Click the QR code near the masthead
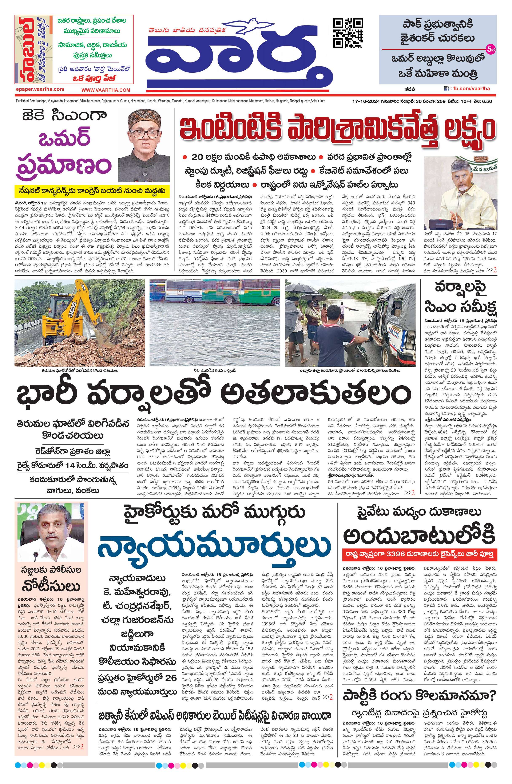349,33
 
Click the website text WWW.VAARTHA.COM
106,90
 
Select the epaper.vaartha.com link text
40,89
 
